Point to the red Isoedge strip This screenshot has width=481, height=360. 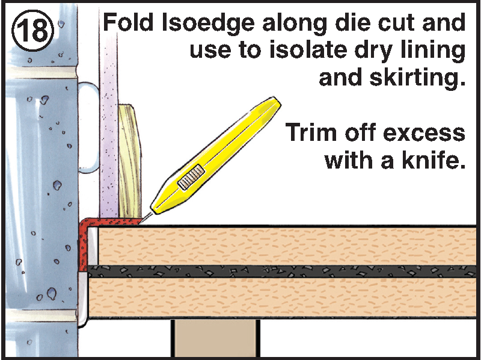(x=82, y=247)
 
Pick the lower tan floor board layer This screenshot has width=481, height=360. (x=283, y=296)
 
